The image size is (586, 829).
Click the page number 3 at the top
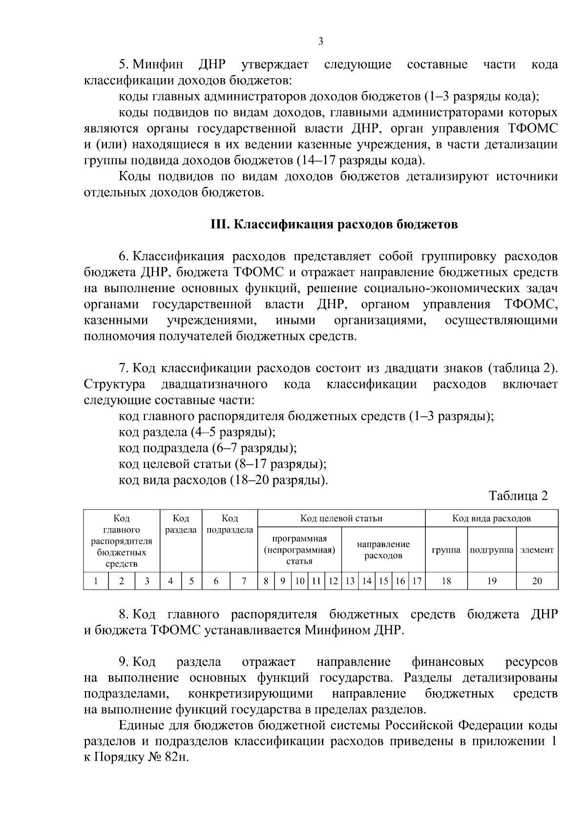[321, 41]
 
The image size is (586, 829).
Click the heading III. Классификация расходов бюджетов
[334, 224]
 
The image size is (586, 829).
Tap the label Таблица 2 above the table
[518, 496]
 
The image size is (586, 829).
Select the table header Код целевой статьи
[341, 518]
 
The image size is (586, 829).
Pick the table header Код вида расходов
[491, 518]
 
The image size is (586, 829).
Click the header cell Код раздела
[181, 524]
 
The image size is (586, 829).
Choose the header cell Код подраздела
[230, 524]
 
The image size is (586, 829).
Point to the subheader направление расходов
[383, 550]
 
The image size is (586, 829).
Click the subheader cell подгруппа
[492, 550]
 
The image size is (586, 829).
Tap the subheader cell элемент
[537, 550]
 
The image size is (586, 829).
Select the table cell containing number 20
[537, 581]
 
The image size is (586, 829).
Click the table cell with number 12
[333, 581]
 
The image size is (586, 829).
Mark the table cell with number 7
[243, 581]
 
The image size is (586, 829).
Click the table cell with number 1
[96, 581]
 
